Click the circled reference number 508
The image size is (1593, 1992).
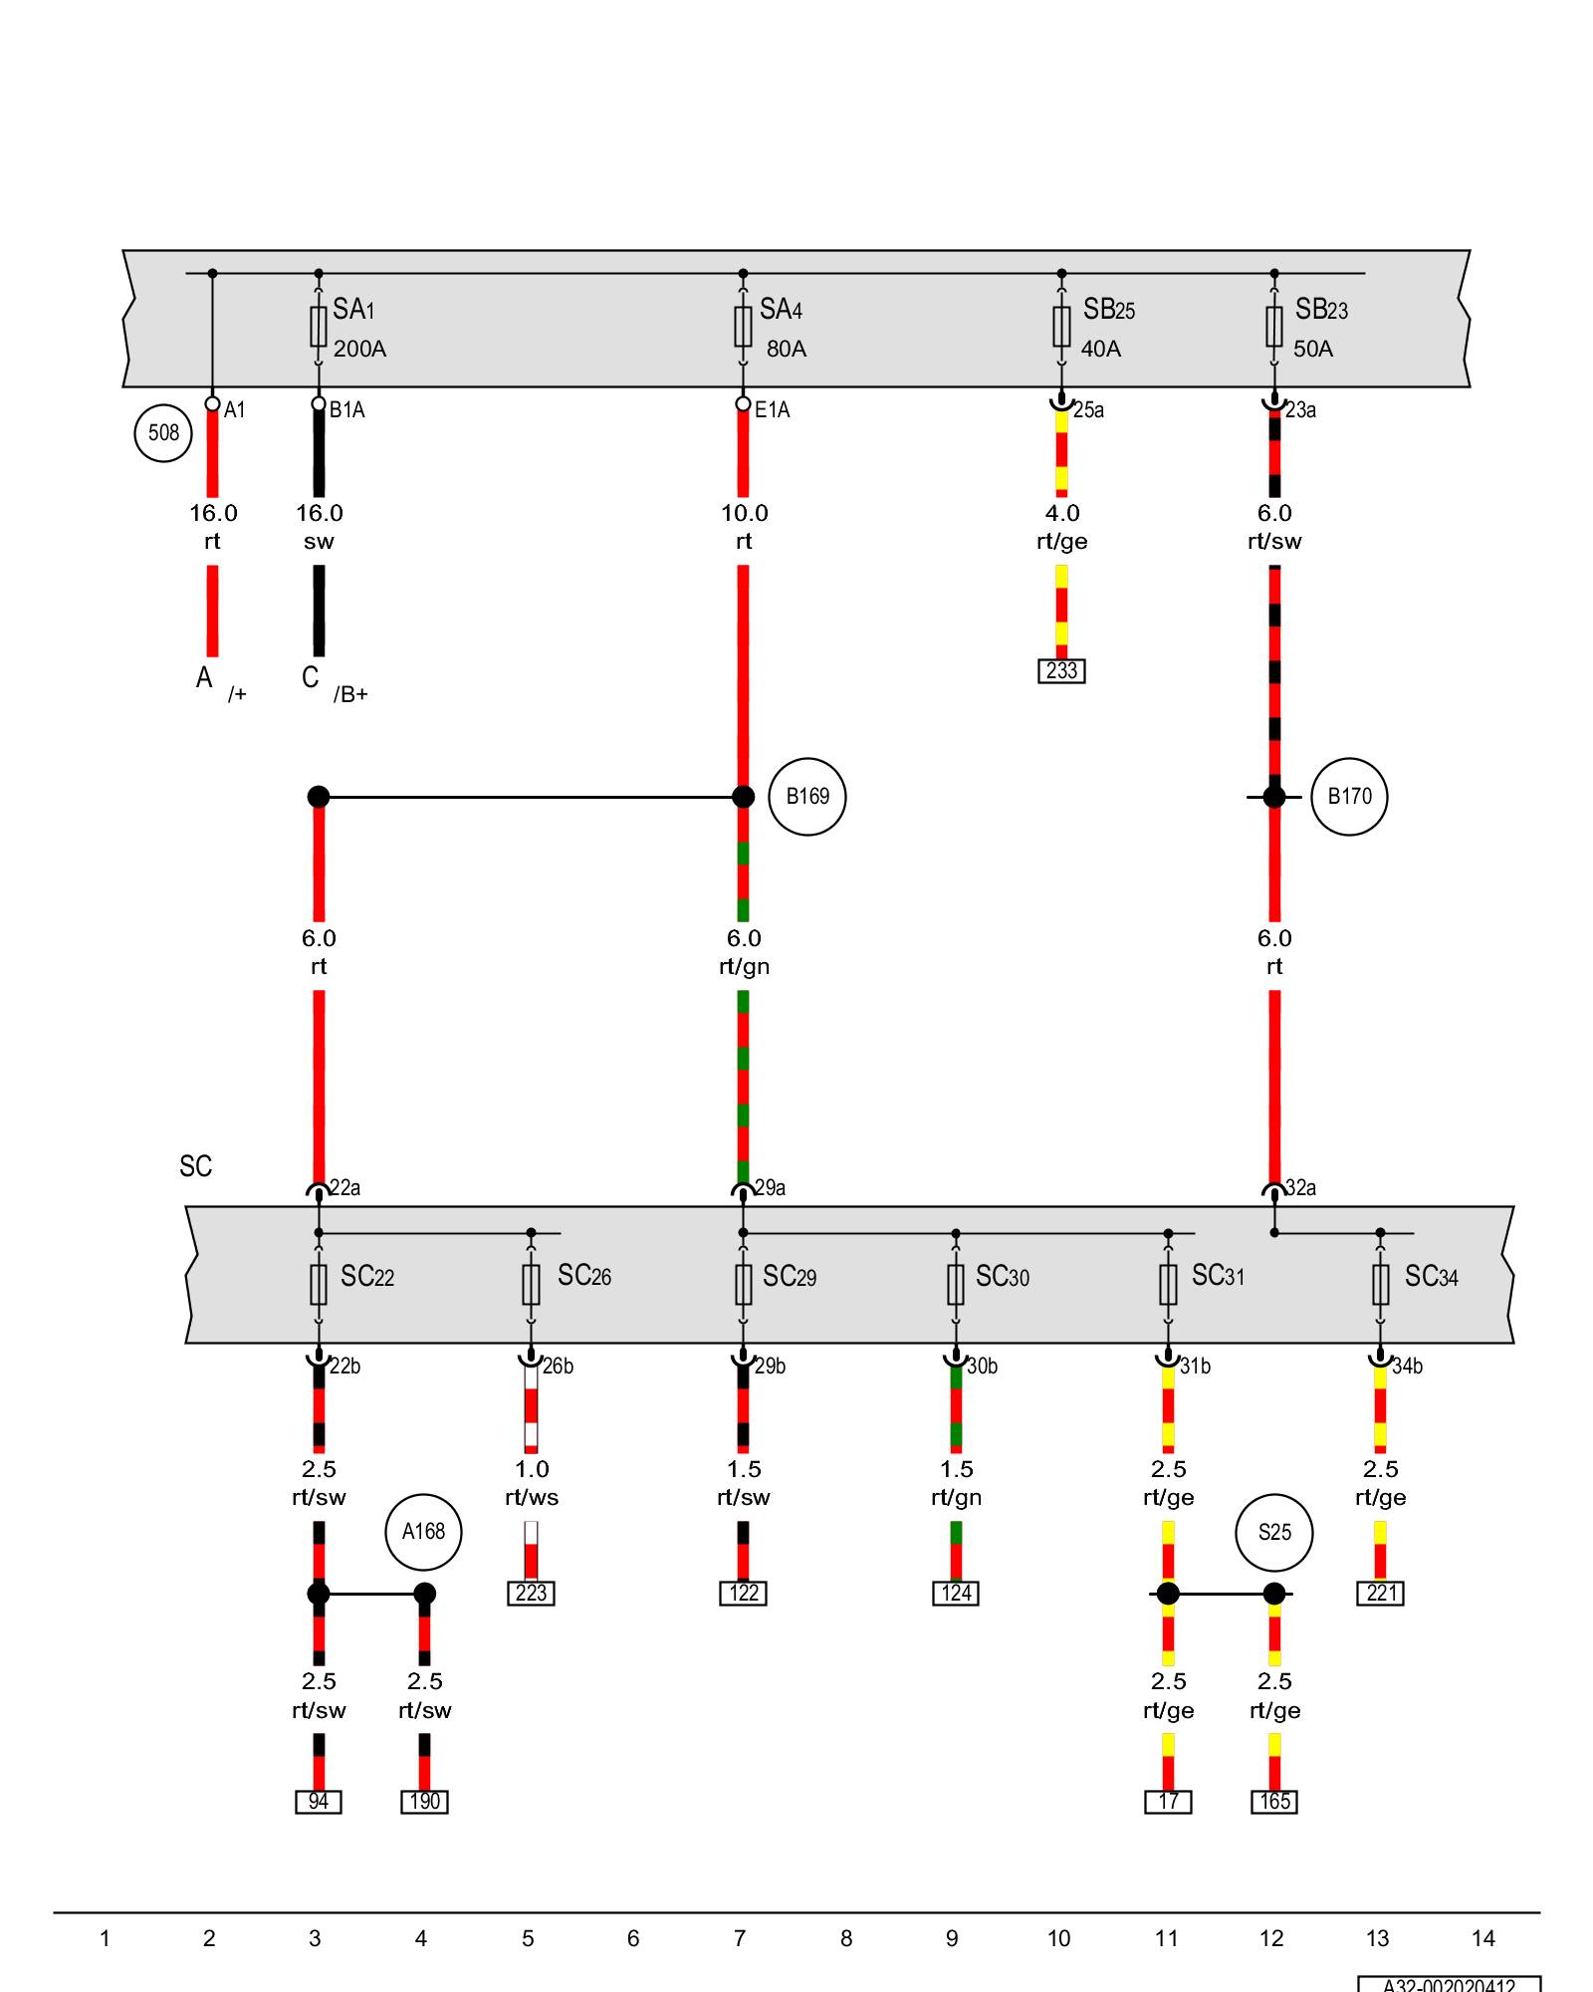[x=163, y=432]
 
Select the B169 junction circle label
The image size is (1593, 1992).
[x=807, y=797]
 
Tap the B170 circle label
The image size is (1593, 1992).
[x=1349, y=797]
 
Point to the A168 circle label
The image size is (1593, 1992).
[x=423, y=1532]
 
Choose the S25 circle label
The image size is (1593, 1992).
[x=1274, y=1533]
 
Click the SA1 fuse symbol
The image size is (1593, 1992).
[x=319, y=326]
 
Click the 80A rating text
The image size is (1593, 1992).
[x=787, y=350]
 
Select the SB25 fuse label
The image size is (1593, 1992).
[x=1109, y=310]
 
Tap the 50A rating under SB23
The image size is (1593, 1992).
[x=1313, y=350]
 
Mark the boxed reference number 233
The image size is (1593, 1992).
[x=1061, y=671]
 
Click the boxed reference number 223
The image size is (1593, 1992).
[x=531, y=1594]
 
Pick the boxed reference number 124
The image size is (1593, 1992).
[x=956, y=1594]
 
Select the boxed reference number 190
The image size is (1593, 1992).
[x=424, y=1802]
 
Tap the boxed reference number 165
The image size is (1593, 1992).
[x=1274, y=1802]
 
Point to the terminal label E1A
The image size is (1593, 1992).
[x=772, y=410]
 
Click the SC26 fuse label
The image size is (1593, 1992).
[x=584, y=1276]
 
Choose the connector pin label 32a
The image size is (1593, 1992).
[x=1300, y=1188]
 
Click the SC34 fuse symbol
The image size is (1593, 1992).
[x=1380, y=1284]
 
